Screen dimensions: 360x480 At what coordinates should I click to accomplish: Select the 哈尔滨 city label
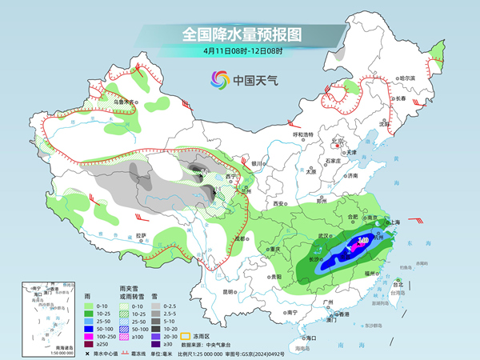coord(408,78)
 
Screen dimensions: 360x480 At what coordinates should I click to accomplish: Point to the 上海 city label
coord(394,222)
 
